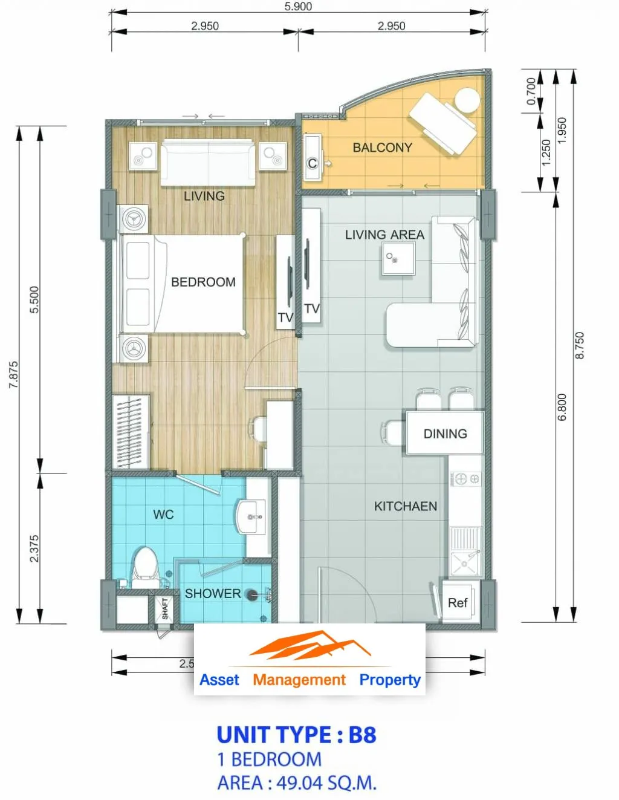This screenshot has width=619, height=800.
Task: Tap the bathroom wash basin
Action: pos(250,516)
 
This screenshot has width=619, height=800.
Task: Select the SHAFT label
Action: pos(165,608)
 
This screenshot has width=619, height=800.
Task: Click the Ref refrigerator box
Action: pos(458,603)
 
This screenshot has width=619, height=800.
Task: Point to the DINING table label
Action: pos(446,434)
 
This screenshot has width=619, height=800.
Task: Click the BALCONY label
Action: pos(383,148)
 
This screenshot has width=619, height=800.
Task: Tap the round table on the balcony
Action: pos(467,100)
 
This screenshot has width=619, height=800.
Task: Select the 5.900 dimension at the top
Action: pos(298,6)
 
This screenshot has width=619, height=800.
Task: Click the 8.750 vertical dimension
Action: pos(580,345)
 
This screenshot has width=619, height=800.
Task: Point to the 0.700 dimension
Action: pos(531,91)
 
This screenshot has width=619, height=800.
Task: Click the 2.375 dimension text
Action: pos(34,548)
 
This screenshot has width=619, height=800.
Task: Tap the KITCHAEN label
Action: pos(406,506)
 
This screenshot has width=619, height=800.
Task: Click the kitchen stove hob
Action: pos(465,479)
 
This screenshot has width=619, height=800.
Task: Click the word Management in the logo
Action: pos(299,680)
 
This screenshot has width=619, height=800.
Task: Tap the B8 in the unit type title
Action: pos(363,735)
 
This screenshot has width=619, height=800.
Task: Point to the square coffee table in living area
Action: pos(398,258)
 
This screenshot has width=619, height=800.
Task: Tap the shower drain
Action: pos(252,593)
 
